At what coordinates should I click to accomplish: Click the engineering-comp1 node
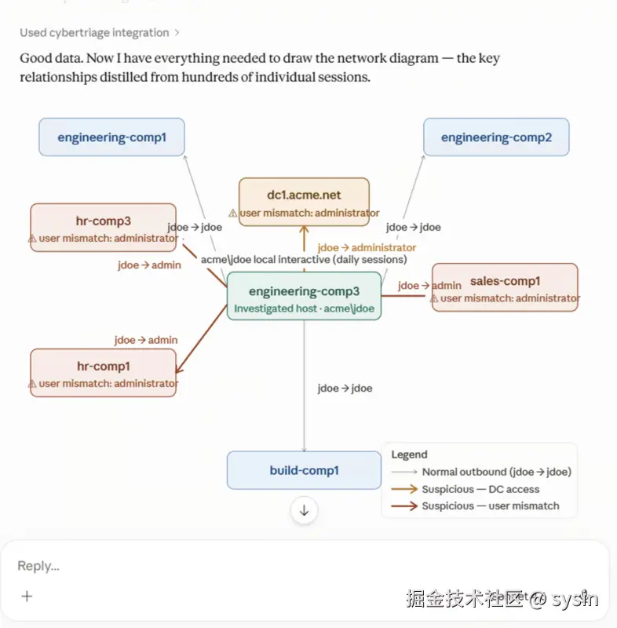click(x=111, y=137)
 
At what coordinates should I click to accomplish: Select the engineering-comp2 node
click(x=496, y=137)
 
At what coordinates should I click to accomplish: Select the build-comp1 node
click(x=304, y=471)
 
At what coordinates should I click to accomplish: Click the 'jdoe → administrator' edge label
click(x=361, y=247)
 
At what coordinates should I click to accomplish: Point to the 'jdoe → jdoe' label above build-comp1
click(x=345, y=388)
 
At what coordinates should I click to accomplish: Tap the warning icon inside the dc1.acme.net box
click(x=233, y=213)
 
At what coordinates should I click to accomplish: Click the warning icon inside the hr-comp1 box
click(x=32, y=384)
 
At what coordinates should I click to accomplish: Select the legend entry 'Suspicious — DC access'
click(x=480, y=489)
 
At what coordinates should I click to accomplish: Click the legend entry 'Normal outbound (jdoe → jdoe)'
click(x=495, y=472)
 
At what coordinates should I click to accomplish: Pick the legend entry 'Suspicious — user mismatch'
click(x=490, y=506)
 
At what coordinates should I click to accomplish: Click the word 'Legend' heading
click(x=409, y=455)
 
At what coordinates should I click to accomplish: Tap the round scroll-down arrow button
click(x=304, y=510)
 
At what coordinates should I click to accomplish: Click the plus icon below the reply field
click(x=27, y=596)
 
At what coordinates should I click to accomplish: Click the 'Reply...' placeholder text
click(x=38, y=566)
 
